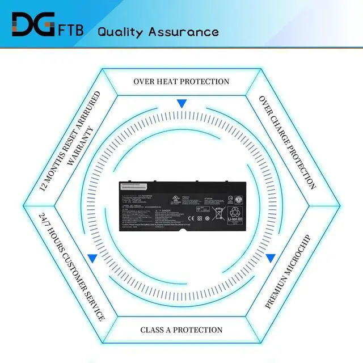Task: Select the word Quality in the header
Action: click(121, 31)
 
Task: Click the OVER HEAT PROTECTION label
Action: click(181, 81)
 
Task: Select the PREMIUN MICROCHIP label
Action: click(288, 263)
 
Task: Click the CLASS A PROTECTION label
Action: click(181, 330)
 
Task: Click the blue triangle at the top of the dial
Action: click(181, 104)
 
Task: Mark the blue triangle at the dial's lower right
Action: click(271, 258)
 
